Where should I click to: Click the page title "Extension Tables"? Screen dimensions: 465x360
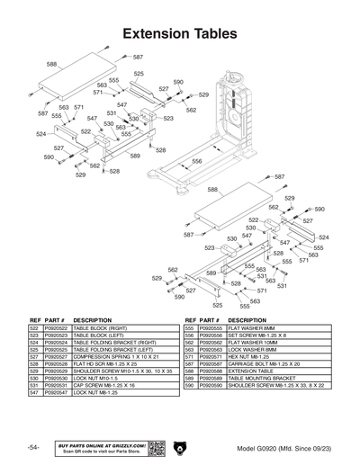pos(179,33)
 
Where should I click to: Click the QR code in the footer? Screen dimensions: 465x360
pos(154,448)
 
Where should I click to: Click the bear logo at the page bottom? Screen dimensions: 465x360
pos(180,447)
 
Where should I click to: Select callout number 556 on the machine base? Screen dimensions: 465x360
pos(196,162)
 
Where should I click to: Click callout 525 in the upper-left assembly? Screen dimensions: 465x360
pos(139,74)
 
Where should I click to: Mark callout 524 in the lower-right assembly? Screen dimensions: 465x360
pos(323,237)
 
